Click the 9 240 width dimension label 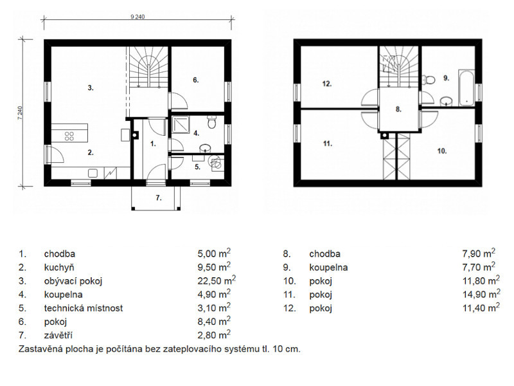tap(137, 17)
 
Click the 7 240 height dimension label tap(21, 113)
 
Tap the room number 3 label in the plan tap(91, 87)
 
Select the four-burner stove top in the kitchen tap(69, 136)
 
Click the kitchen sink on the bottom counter tap(93, 173)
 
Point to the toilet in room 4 tap(212, 122)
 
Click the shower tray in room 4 tap(181, 125)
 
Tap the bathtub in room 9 tap(466, 87)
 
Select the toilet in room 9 tap(429, 79)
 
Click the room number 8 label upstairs tap(398, 109)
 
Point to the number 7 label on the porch tap(159, 198)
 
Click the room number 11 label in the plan tap(328, 143)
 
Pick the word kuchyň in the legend tap(59, 268)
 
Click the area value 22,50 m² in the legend tap(217, 280)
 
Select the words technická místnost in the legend tap(84, 308)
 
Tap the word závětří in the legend tap(58, 335)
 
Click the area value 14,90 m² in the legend tap(481, 294)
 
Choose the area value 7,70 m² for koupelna tap(479, 267)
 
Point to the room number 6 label tap(196, 80)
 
